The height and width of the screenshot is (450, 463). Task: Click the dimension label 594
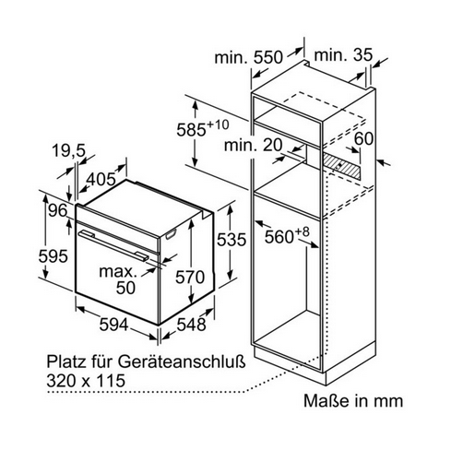[113, 325]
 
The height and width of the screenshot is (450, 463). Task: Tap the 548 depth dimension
[191, 325]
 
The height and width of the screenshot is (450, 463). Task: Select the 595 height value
[53, 256]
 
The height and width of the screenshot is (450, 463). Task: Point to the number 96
[58, 210]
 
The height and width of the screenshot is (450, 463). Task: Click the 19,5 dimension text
[68, 150]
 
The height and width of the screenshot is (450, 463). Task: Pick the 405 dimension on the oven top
[101, 179]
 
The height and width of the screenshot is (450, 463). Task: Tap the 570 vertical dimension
[190, 277]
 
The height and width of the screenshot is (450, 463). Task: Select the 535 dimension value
[231, 240]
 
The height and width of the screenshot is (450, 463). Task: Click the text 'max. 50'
[119, 279]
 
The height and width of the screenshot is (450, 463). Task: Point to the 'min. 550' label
[248, 57]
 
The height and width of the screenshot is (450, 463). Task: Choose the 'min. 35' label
[343, 55]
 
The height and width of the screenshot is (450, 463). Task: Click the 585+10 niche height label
[203, 128]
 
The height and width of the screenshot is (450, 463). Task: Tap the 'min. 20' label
[253, 145]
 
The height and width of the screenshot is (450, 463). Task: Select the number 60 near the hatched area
[363, 138]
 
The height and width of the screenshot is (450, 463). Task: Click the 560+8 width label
[287, 235]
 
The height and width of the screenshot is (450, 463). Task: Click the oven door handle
[113, 245]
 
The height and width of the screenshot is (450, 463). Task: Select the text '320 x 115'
[86, 381]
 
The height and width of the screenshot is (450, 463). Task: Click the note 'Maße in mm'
[353, 401]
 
